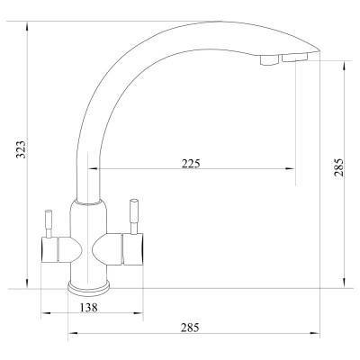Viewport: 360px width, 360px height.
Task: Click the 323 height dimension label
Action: pos(21,148)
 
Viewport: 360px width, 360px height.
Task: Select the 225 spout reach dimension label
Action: pos(191,164)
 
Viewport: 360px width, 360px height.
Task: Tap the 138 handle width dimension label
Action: pos(89,308)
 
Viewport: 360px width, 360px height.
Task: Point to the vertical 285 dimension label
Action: pos(338,168)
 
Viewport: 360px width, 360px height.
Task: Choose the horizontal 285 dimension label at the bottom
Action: pos(190,328)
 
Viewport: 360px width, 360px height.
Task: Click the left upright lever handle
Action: pos(49,223)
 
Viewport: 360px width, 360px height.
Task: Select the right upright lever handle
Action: pos(133,216)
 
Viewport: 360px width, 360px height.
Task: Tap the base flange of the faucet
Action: pos(88,286)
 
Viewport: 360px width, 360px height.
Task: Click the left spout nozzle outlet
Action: pos(269,60)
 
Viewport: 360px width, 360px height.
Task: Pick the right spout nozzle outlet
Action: pos(295,58)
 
